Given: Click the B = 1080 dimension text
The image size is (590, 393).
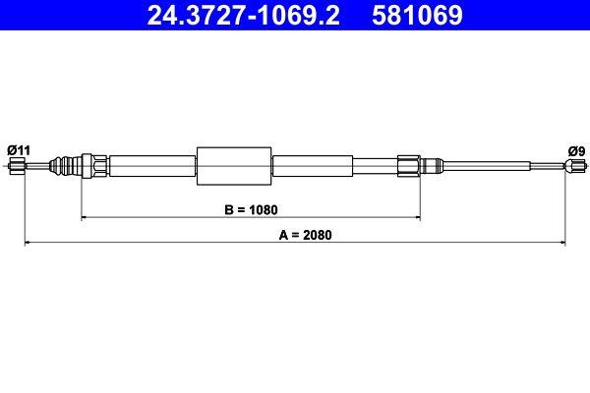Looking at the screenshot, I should tap(252, 209).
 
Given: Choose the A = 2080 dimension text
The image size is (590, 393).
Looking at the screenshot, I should tap(295, 235).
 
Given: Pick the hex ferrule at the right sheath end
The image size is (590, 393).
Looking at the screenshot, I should tap(409, 165).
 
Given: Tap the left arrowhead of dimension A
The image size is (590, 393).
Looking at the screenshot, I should tap(29, 242).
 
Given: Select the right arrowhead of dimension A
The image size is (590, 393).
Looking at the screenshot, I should tap(561, 242).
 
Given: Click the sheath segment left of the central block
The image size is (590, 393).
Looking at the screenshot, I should tap(152, 165).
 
